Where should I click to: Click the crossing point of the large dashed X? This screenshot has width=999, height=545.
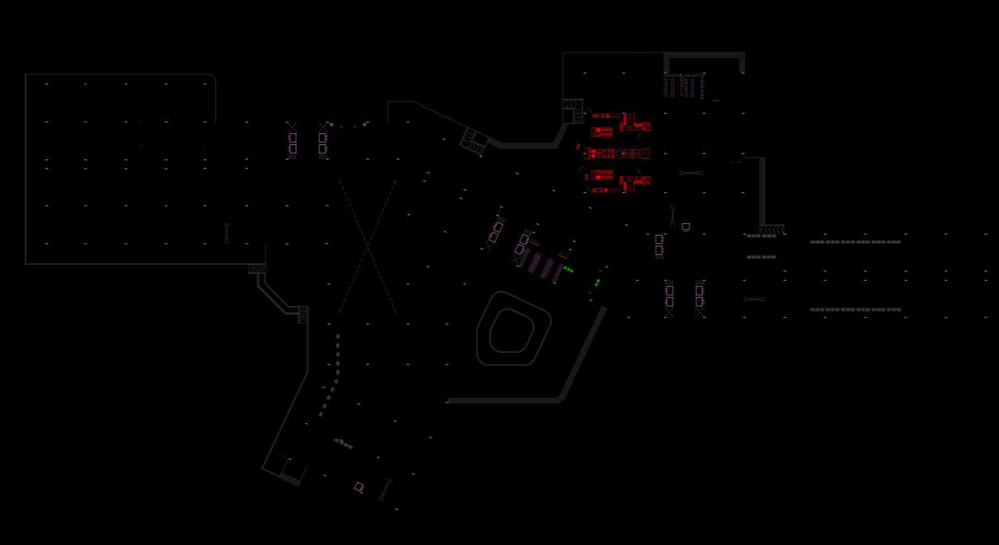[x=367, y=247]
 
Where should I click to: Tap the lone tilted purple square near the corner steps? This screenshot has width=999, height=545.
[x=359, y=487]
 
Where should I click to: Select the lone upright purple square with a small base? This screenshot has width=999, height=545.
[x=685, y=227]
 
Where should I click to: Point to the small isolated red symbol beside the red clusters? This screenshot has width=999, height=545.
[x=578, y=147]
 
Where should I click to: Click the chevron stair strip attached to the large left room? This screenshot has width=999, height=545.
[x=257, y=269]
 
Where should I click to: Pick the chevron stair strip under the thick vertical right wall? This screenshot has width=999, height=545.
[x=772, y=230]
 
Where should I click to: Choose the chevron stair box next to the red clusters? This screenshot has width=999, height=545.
[x=572, y=111]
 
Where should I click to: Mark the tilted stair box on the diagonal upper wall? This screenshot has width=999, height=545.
[x=474, y=140]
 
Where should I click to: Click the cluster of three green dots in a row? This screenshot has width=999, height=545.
[x=568, y=269]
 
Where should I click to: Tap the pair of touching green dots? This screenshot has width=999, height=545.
[x=597, y=283]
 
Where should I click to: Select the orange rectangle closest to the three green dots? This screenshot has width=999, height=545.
[x=562, y=256]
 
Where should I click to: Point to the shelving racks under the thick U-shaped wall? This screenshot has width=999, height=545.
[x=684, y=86]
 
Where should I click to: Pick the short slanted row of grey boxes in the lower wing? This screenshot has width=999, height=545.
[x=343, y=443]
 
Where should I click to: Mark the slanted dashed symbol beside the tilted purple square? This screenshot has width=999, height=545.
[x=385, y=490]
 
